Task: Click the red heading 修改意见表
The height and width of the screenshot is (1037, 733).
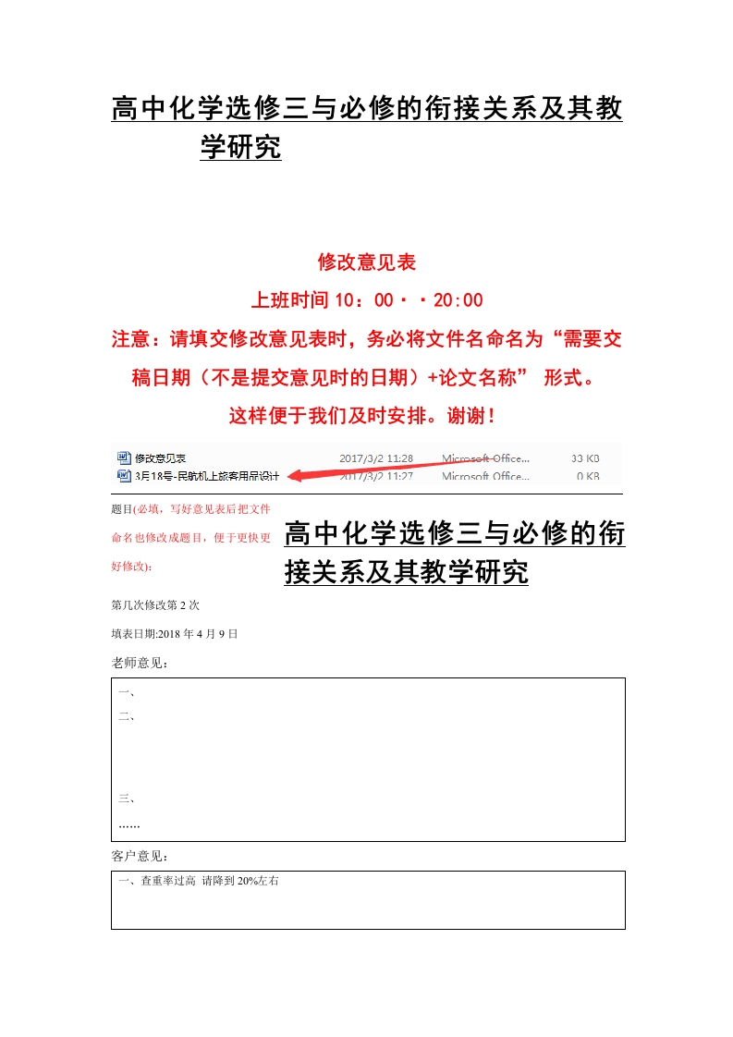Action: click(x=367, y=262)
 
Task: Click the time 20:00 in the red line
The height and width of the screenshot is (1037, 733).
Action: click(x=458, y=300)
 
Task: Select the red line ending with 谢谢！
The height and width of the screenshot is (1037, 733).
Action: click(x=366, y=416)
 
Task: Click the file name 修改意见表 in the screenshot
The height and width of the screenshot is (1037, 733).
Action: click(x=161, y=457)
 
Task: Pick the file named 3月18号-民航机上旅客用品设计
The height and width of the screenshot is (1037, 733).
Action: click(x=207, y=476)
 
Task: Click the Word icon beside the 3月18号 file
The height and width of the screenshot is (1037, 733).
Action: click(x=124, y=476)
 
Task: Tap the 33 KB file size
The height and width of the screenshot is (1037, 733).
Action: click(x=586, y=457)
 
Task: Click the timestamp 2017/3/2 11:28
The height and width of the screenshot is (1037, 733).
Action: click(x=376, y=457)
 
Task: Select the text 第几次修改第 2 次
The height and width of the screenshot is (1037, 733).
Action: click(x=155, y=605)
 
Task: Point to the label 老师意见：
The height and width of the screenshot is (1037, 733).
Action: click(x=140, y=663)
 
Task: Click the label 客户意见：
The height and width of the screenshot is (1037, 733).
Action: click(x=140, y=856)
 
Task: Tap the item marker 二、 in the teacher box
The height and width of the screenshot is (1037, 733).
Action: click(x=128, y=716)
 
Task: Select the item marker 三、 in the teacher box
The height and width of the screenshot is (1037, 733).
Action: click(x=128, y=799)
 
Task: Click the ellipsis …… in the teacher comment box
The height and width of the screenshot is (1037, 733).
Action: click(x=129, y=823)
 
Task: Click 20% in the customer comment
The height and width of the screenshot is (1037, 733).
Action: click(x=248, y=882)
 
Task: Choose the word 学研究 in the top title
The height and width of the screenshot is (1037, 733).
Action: click(x=240, y=147)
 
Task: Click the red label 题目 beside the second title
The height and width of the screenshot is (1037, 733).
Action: click(x=121, y=509)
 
